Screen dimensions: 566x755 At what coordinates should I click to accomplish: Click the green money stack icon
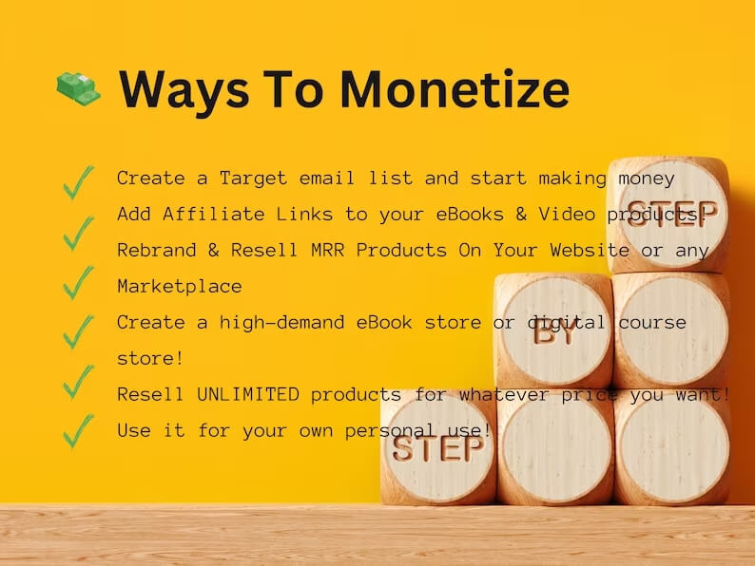coord(78,88)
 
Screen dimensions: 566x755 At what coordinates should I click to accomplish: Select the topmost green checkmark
coord(78,181)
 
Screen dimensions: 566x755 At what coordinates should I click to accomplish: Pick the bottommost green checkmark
coord(78,431)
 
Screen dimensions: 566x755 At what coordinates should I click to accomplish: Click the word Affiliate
coord(204,215)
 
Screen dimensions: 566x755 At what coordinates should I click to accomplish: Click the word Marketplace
coord(180,286)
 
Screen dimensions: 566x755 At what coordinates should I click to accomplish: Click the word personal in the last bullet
coord(379,430)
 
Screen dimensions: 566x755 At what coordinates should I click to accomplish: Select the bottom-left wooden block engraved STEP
coord(438,446)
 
